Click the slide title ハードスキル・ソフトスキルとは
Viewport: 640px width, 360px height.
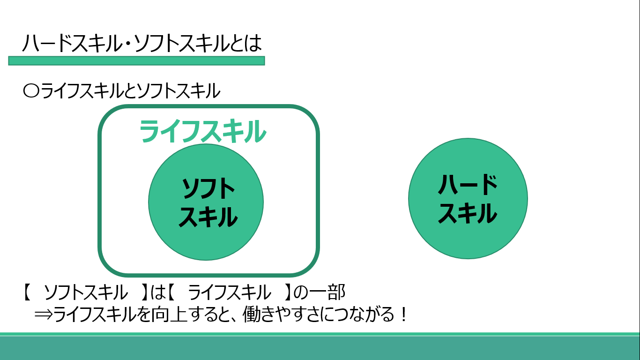pos(142,44)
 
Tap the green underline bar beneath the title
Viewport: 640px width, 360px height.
pos(136,60)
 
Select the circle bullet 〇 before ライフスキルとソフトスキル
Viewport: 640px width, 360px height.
pos(31,91)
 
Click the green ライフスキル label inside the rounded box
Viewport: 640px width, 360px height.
pos(202,131)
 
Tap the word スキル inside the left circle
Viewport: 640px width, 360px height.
pos(208,217)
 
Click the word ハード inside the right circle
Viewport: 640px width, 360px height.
pos(468,185)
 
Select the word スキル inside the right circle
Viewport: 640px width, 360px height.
pos(468,213)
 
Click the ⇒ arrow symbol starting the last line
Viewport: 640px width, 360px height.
pos(44,315)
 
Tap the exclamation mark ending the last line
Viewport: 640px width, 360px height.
pos(403,315)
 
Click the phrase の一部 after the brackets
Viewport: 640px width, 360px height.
pos(320,292)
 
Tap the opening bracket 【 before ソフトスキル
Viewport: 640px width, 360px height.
pos(27,292)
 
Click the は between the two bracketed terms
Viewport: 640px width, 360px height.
pos(158,292)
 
